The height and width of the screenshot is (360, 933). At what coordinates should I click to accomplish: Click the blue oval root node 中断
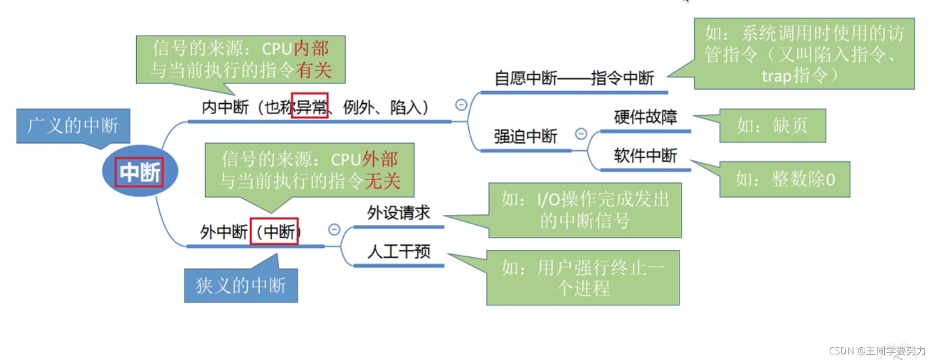click(140, 172)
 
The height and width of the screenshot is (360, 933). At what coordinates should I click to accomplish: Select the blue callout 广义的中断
click(73, 126)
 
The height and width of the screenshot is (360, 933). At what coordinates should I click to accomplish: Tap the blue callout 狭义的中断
click(241, 286)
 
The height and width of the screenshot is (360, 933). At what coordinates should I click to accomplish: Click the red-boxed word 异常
click(310, 106)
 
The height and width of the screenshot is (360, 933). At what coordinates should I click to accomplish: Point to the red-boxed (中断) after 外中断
click(274, 231)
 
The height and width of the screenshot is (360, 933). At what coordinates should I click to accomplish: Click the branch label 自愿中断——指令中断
click(574, 78)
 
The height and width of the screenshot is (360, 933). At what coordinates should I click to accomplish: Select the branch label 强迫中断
click(525, 137)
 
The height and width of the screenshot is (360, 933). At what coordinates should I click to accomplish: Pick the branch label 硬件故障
click(645, 117)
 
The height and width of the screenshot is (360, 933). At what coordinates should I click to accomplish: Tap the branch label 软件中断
click(645, 156)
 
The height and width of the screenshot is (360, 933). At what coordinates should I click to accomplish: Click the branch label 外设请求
click(398, 213)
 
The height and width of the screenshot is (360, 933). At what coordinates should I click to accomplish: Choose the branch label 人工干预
click(398, 252)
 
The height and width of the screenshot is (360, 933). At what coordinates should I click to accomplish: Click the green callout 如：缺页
click(773, 126)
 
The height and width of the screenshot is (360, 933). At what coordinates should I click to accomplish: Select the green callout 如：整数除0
click(785, 179)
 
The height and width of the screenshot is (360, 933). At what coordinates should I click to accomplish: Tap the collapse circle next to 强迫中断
click(581, 134)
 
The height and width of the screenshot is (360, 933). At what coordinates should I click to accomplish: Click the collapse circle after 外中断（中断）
click(334, 229)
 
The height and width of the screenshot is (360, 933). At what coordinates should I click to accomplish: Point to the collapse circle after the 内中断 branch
click(461, 105)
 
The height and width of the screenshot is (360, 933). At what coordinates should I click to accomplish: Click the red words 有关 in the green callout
click(313, 70)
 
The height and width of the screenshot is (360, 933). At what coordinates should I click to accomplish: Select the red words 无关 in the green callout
click(382, 181)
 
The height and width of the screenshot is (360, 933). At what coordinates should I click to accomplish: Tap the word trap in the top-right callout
click(776, 76)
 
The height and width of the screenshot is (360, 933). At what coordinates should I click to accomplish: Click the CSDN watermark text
click(877, 351)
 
